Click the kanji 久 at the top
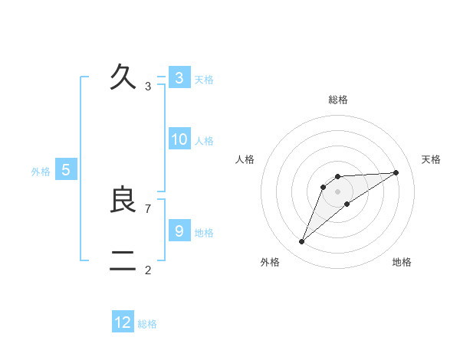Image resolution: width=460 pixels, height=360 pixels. [x=123, y=77]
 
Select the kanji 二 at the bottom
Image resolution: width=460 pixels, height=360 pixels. [x=123, y=261]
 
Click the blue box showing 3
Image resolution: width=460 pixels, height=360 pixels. [x=179, y=78]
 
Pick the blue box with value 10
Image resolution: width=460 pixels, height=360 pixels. [x=179, y=139]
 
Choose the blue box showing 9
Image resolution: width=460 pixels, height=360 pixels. [x=179, y=231]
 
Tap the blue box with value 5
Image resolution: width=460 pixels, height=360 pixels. [x=66, y=170]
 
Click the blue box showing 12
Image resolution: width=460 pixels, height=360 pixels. [x=123, y=322]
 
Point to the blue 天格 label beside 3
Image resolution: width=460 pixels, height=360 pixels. [x=204, y=79]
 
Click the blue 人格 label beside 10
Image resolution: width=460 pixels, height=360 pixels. [x=204, y=141]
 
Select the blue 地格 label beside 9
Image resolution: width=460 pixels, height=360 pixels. [x=204, y=232]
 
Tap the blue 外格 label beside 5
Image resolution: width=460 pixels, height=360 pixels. [x=41, y=172]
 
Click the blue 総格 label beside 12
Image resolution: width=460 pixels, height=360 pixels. [x=147, y=324]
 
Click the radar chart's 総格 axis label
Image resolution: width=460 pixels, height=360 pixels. [x=338, y=100]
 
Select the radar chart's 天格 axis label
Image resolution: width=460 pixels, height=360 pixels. [x=432, y=159]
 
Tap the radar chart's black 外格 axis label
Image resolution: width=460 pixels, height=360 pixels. [x=270, y=262]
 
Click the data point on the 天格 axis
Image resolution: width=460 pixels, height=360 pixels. [x=396, y=172]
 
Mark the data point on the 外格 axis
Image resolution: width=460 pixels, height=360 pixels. [x=302, y=242]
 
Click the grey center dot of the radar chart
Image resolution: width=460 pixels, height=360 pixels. [x=338, y=191]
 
